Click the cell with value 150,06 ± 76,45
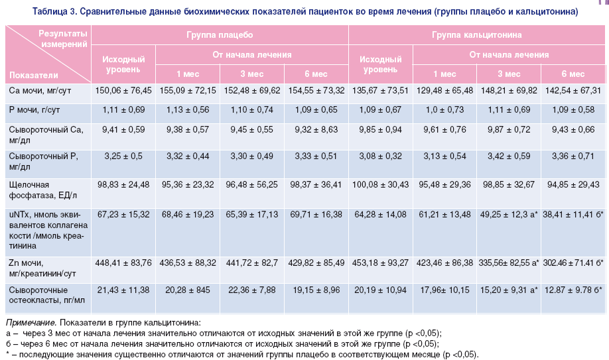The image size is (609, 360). click(x=124, y=90)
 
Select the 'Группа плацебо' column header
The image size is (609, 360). click(x=219, y=34)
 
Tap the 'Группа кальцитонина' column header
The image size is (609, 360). click(x=476, y=34)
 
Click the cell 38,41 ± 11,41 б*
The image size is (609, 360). click(x=573, y=214)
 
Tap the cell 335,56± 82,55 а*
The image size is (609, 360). click(x=509, y=263)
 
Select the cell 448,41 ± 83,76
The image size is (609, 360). click(x=124, y=263)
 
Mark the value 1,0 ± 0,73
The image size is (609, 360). click(x=444, y=109)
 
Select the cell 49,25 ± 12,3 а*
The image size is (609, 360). click(x=509, y=214)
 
